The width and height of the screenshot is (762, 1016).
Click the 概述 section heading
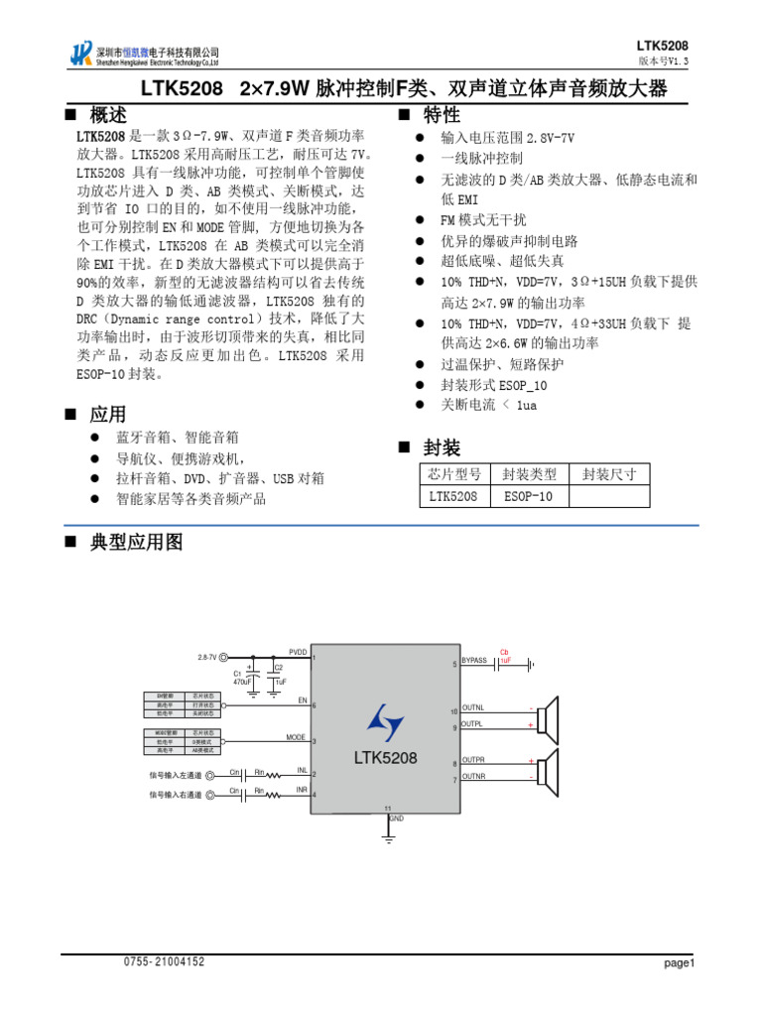pos(107,116)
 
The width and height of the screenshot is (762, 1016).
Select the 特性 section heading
pos(441,116)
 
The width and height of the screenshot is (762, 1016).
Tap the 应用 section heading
pos(107,414)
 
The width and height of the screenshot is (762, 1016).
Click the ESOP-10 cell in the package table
pos(529,496)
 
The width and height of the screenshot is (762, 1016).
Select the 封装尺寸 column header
pos(609,474)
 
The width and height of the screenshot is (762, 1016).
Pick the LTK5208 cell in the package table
pos(453,496)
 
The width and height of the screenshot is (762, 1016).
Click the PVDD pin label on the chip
pos(298,652)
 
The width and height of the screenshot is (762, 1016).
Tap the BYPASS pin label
pos(474,660)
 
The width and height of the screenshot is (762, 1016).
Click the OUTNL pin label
pos(473,707)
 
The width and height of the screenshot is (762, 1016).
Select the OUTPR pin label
pos(473,759)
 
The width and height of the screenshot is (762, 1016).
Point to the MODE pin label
pos(296,737)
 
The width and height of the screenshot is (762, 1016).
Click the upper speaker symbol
pos(551,716)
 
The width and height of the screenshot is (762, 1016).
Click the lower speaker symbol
pos(551,769)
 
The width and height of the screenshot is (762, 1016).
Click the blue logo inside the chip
pos(385,721)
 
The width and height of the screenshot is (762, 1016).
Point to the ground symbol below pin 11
pos(388,838)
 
